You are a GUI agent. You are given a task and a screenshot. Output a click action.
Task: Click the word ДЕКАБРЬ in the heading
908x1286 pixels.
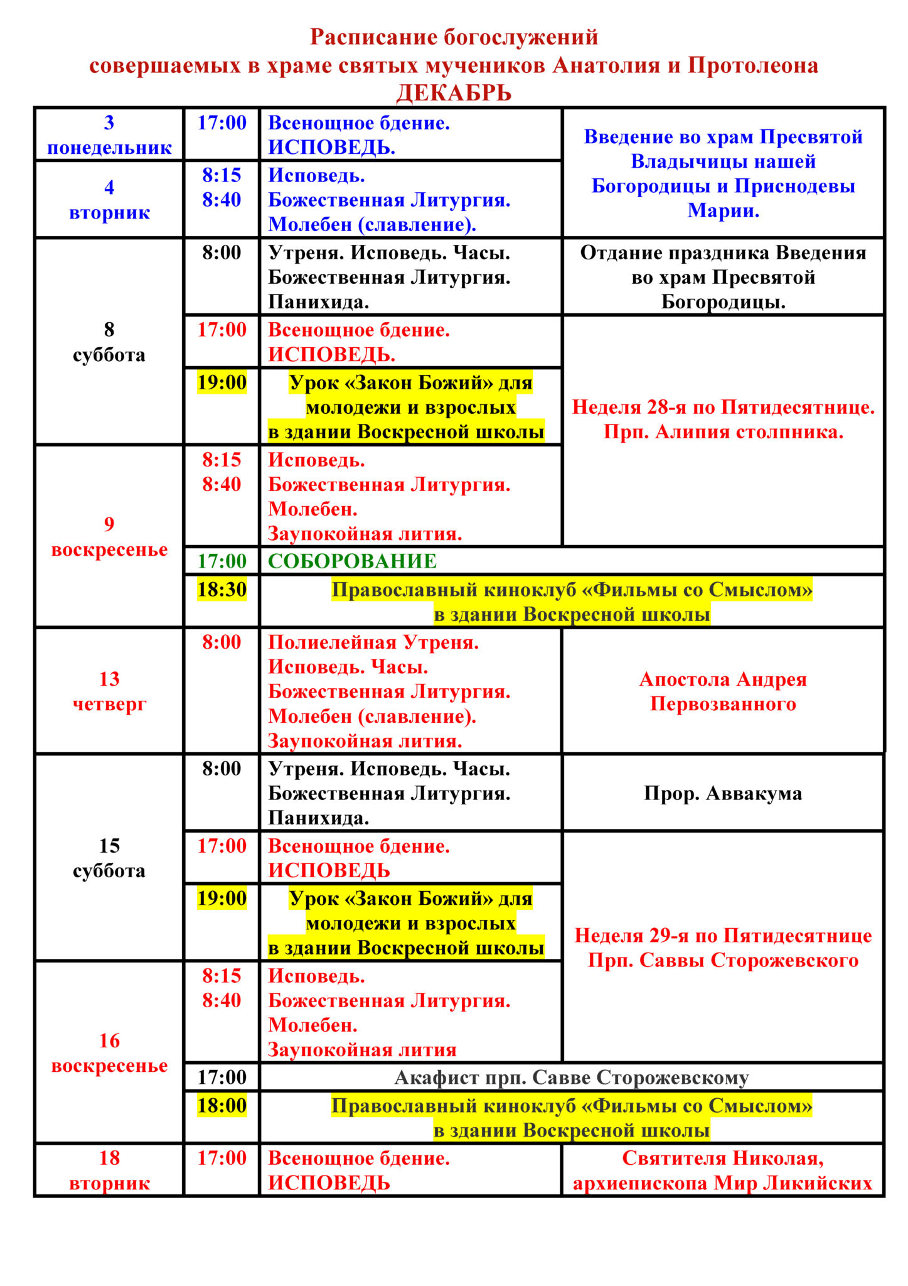[454, 93]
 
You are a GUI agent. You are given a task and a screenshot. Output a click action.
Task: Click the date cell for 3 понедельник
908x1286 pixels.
[109, 135]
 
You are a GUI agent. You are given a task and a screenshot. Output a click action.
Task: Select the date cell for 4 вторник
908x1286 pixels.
[109, 200]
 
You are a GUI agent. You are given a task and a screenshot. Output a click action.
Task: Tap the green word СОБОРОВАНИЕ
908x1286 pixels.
[352, 561]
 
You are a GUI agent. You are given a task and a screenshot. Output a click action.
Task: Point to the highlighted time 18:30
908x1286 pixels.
[222, 589]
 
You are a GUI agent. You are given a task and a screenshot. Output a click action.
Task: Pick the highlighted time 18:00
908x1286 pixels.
[222, 1105]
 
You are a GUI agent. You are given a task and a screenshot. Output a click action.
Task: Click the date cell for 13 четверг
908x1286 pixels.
[109, 691]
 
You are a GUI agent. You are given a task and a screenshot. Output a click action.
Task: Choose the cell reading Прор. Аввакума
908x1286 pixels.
[723, 793]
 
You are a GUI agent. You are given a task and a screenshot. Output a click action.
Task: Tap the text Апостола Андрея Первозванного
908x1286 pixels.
[723, 691]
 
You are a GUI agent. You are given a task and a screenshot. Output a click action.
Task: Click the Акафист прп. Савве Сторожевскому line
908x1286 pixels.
[571, 1078]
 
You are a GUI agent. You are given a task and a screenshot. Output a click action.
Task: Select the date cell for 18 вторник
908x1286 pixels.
[109, 1170]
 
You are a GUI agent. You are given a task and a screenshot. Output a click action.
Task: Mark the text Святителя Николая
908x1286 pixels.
[723, 1158]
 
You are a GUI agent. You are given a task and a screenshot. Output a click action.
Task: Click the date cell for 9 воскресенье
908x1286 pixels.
[109, 537]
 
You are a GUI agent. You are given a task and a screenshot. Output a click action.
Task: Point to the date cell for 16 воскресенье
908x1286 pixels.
[109, 1053]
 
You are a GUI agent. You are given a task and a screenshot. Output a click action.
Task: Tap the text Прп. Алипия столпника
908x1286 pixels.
[723, 432]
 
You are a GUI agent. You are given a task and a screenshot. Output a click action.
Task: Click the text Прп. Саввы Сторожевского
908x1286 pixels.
[723, 960]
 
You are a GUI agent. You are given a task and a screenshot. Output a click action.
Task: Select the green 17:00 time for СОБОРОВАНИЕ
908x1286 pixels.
[222, 561]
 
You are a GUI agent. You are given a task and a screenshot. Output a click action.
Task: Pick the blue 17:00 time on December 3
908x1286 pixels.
[222, 122]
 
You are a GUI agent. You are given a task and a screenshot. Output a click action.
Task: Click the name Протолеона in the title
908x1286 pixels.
[752, 65]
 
